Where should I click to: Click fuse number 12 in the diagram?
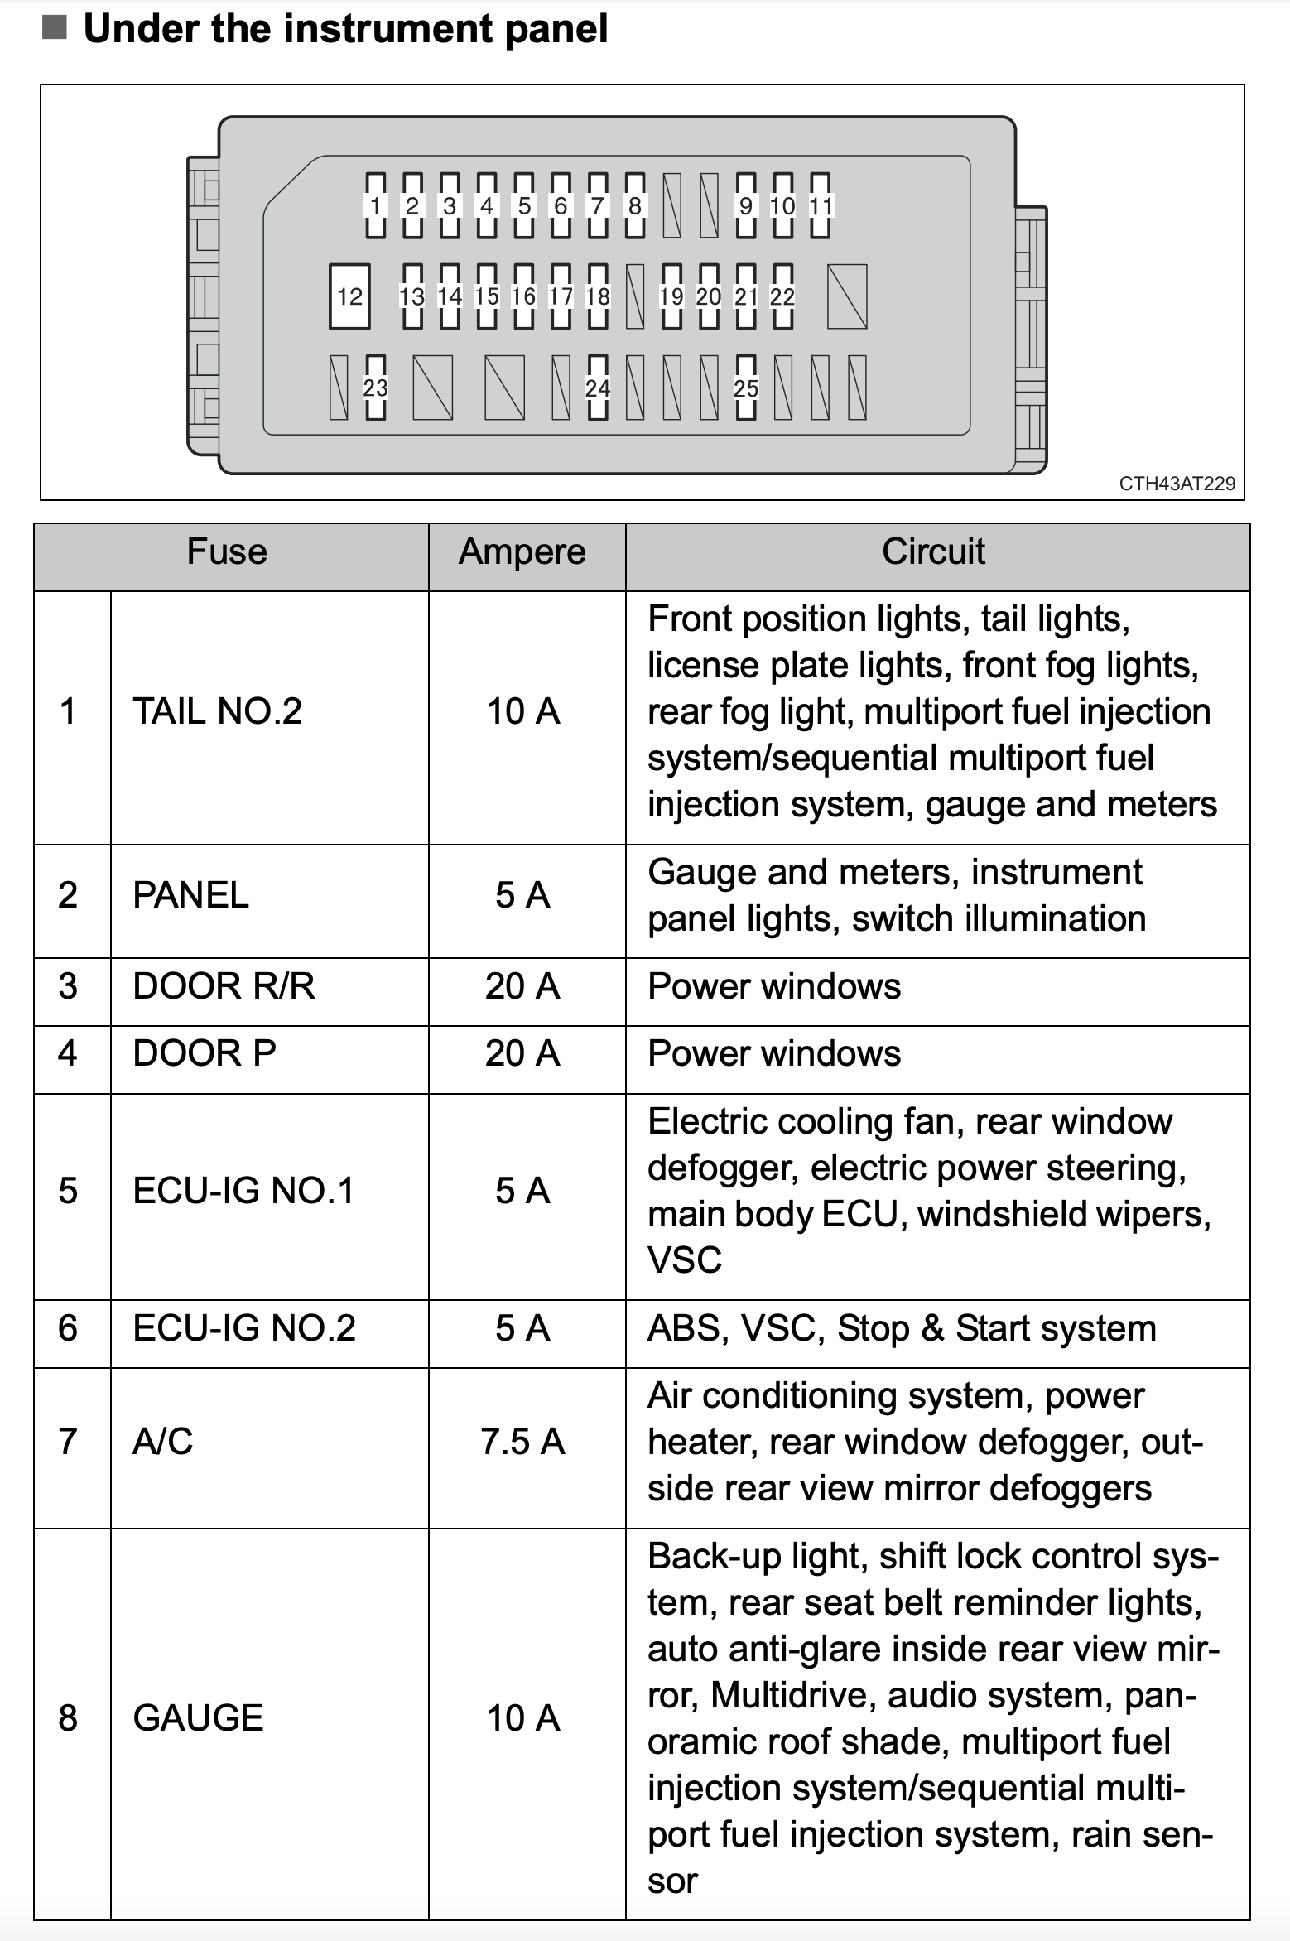tap(349, 296)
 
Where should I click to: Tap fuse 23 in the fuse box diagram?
tap(375, 388)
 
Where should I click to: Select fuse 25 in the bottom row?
tap(746, 388)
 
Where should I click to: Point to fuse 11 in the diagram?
tap(820, 205)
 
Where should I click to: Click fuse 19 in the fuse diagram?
tap(671, 296)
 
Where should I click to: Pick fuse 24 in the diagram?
tap(598, 388)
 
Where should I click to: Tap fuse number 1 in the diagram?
tap(375, 205)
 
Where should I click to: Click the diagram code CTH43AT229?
tap(1177, 484)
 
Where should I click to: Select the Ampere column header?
tap(522, 552)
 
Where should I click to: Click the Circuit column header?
tap(933, 552)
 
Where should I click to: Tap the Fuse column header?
tap(227, 552)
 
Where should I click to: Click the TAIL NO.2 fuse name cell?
tap(218, 711)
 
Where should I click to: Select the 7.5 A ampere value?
tap(522, 1442)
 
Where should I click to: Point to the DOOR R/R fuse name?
tap(224, 986)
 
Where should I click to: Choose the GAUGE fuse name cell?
tap(198, 1718)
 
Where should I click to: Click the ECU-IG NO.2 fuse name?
tap(244, 1328)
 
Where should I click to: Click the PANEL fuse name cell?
tap(190, 895)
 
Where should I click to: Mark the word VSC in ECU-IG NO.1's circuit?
tap(685, 1260)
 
